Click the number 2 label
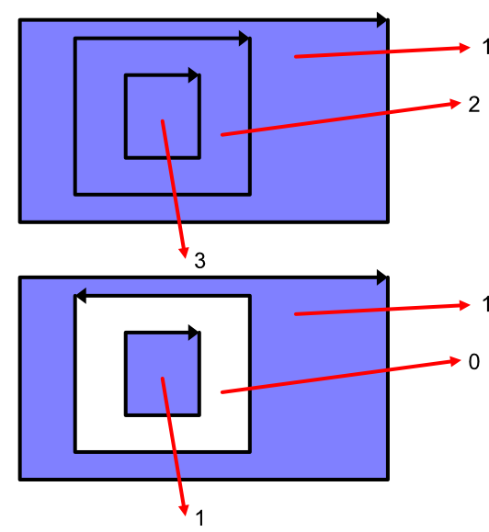click(x=473, y=105)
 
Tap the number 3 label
click(x=199, y=261)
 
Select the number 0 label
click(x=474, y=362)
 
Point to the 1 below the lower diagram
click(x=199, y=518)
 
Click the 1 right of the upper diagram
click(x=485, y=47)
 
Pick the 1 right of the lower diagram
click(x=485, y=304)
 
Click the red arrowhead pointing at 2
click(x=455, y=104)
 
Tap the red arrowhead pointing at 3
click(x=184, y=253)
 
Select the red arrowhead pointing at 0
click(x=455, y=361)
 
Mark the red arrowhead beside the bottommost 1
click(x=184, y=510)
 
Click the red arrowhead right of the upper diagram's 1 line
click(x=464, y=48)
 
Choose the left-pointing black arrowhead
click(x=80, y=296)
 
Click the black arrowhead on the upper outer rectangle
click(x=382, y=20)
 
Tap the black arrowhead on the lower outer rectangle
click(x=382, y=277)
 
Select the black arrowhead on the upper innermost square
click(x=194, y=75)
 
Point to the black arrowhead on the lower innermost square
click(x=194, y=333)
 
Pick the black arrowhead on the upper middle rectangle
click(x=244, y=39)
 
